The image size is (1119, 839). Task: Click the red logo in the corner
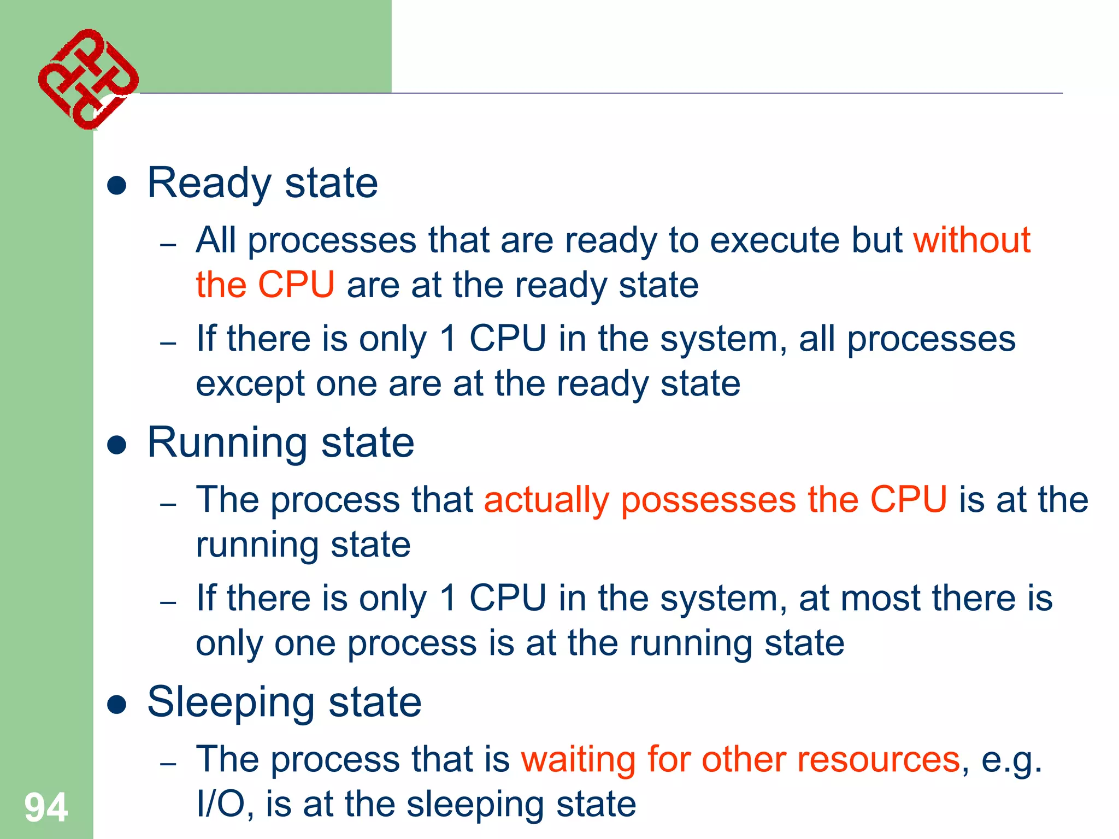coord(88,79)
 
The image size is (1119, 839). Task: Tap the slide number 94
coord(46,807)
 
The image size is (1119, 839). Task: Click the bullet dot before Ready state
coord(117,186)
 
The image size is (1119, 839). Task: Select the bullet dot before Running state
coord(117,445)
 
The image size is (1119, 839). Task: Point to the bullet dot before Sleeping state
coord(117,705)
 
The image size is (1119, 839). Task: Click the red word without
coord(971,240)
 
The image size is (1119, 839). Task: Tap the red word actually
coord(546,499)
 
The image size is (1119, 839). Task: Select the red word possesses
coord(708,500)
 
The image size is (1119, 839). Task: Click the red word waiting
coord(578,760)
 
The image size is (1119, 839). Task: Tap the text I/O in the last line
coord(221,804)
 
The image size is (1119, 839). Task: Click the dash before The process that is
coord(168,763)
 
